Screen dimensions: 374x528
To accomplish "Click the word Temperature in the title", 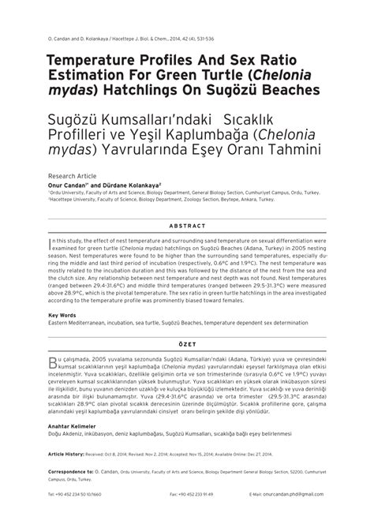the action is click(x=101, y=60).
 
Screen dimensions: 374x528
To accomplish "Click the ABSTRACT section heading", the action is click(x=187, y=224).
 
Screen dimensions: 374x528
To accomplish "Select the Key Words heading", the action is click(x=64, y=313).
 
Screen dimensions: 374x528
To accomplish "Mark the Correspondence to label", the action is click(x=76, y=470).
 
